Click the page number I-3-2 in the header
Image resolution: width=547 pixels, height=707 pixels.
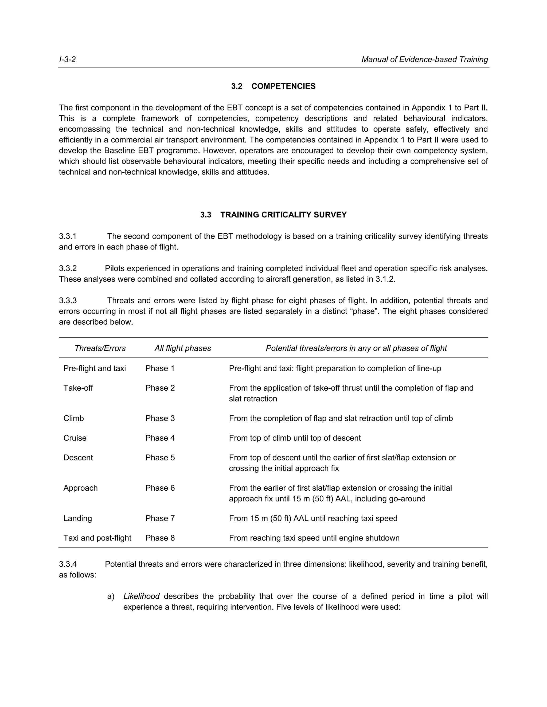click(x=67, y=59)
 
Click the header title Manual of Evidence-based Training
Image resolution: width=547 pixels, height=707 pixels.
click(x=424, y=59)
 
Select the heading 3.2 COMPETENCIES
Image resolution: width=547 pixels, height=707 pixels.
click(x=273, y=86)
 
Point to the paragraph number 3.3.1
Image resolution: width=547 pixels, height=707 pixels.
click(x=68, y=236)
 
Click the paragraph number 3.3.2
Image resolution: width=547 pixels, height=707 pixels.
click(x=68, y=268)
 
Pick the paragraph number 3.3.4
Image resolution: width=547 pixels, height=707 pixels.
click(x=68, y=564)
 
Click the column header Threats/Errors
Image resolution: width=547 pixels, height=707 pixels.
click(x=100, y=348)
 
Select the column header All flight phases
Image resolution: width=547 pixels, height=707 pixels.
click(x=183, y=348)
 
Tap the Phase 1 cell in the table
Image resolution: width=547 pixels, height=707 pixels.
click(x=160, y=368)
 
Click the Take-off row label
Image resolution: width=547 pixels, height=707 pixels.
click(x=78, y=388)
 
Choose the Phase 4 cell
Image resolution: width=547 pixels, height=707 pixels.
click(x=160, y=438)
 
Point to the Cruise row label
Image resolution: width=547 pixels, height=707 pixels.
click(x=75, y=438)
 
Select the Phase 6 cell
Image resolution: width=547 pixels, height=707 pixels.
click(x=160, y=488)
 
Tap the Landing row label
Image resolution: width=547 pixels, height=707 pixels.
click(x=78, y=518)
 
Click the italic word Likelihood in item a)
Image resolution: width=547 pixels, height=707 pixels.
click(x=141, y=596)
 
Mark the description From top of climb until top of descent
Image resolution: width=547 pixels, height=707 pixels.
click(x=295, y=438)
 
